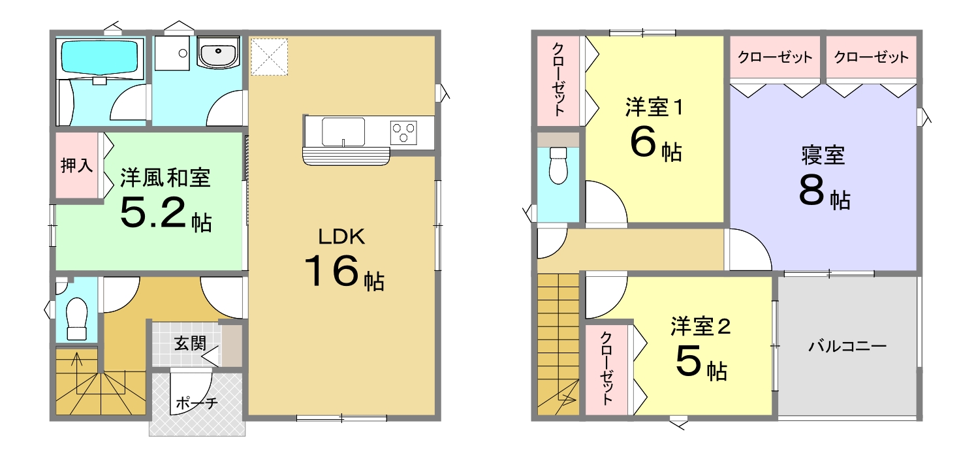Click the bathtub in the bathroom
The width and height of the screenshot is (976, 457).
102,57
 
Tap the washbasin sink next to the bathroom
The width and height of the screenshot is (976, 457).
218,52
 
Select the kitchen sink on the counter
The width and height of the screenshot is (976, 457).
343,132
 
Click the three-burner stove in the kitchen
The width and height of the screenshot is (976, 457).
403,133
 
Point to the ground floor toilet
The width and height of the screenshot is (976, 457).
76,319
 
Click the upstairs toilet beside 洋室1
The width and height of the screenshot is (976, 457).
558,165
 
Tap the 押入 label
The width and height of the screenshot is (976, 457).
76,165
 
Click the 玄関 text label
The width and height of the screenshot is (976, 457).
190,343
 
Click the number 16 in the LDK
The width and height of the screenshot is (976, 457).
332,270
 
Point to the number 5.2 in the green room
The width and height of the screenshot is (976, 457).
153,213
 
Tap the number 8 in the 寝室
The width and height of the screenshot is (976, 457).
811,190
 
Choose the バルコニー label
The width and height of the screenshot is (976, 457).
847,347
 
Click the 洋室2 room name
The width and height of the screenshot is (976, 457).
701,326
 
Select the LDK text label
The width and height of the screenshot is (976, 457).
341,236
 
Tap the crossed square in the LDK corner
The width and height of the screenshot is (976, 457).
269,57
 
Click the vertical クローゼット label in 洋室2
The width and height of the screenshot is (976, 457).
606,369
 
